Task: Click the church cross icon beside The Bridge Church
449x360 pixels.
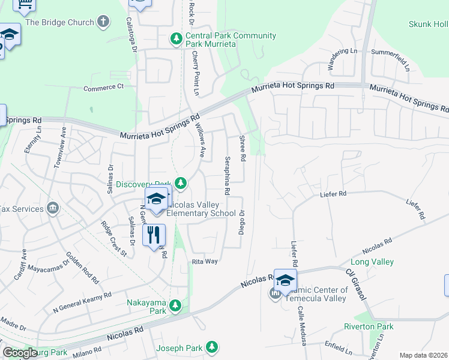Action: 104,22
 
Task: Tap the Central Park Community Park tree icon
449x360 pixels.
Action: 176,40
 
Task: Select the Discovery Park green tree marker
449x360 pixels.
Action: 181,183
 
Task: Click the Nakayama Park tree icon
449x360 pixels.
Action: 175,305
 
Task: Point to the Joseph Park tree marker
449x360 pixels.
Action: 211,347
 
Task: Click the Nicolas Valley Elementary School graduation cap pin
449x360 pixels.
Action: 156,199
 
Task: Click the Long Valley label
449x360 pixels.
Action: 372,262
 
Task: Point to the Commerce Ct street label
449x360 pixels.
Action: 103,87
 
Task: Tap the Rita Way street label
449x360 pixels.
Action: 204,262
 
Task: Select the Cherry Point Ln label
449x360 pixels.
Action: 196,73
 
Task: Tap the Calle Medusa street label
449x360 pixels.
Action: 302,330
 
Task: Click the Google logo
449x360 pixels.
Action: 20,353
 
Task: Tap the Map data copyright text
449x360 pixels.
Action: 424,355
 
